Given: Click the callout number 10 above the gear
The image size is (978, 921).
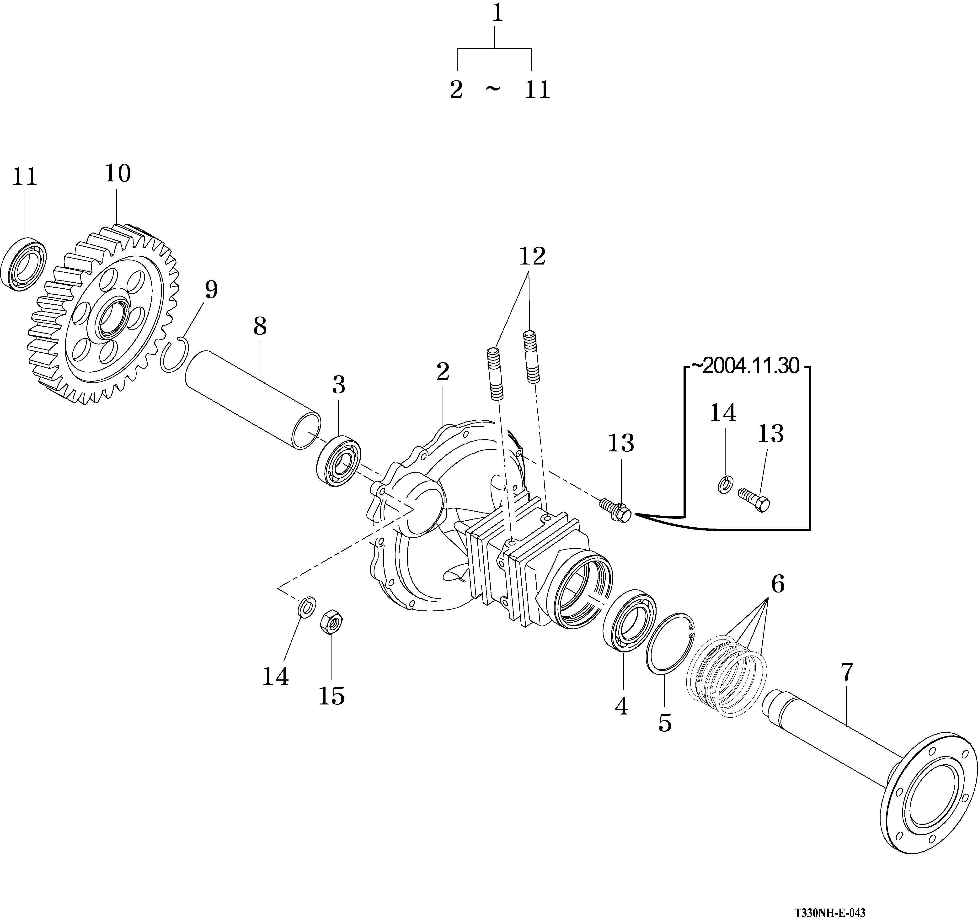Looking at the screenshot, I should click(x=118, y=174).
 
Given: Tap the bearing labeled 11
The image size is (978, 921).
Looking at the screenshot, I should click(x=24, y=264).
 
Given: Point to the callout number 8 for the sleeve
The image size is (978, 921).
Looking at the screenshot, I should click(x=260, y=326).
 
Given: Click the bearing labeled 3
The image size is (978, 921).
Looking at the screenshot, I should click(x=339, y=461).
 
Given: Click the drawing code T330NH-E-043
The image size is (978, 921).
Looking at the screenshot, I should click(x=829, y=913).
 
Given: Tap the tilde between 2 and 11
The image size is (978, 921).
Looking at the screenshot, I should click(x=493, y=89).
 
